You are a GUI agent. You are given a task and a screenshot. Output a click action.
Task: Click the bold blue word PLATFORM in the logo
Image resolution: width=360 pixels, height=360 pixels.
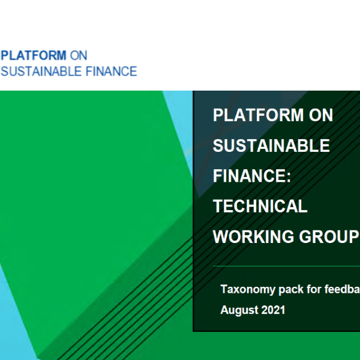click(34, 55)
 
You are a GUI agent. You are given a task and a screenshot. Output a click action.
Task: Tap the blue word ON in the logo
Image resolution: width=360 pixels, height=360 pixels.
click(79, 55)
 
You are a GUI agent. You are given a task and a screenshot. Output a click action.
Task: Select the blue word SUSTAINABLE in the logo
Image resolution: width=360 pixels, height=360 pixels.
click(41, 71)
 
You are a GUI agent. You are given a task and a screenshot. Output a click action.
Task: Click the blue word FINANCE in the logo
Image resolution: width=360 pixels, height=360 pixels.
click(112, 71)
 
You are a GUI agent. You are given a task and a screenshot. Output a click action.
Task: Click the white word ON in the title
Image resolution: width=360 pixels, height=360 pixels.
click(321, 115)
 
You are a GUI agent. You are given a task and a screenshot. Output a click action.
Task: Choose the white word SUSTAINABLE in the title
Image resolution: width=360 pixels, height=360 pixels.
click(271, 145)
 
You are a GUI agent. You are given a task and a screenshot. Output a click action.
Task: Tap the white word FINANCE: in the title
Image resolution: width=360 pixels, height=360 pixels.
click(252, 176)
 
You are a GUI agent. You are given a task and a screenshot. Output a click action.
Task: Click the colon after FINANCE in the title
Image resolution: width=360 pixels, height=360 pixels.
click(289, 178)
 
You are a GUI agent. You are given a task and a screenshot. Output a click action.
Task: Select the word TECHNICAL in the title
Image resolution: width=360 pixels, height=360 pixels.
click(260, 206)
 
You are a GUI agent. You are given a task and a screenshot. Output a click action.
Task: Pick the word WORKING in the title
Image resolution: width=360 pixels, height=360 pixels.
click(253, 236)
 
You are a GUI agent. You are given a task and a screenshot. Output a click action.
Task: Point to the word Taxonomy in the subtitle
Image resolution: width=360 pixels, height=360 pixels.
click(248, 290)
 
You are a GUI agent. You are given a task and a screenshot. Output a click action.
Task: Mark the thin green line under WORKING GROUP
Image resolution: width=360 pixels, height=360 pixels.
click(287, 266)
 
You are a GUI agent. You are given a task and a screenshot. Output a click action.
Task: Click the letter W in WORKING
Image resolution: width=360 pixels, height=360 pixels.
click(221, 236)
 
